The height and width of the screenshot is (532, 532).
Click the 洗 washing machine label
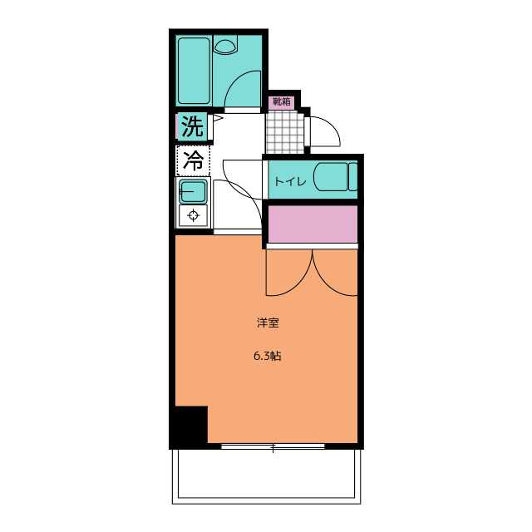click(192, 127)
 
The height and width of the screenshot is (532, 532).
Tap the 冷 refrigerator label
click(192, 160)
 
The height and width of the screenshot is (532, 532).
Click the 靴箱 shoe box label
click(281, 102)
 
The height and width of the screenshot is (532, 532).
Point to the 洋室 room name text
click(267, 323)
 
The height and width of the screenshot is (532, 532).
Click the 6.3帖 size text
click(267, 357)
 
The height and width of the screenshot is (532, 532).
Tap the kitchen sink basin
click(193, 193)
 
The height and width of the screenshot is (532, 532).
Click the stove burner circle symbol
click(194, 216)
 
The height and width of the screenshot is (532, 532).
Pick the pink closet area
click(312, 224)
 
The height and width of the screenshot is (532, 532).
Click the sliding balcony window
click(272, 446)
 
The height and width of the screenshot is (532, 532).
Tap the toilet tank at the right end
click(353, 177)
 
